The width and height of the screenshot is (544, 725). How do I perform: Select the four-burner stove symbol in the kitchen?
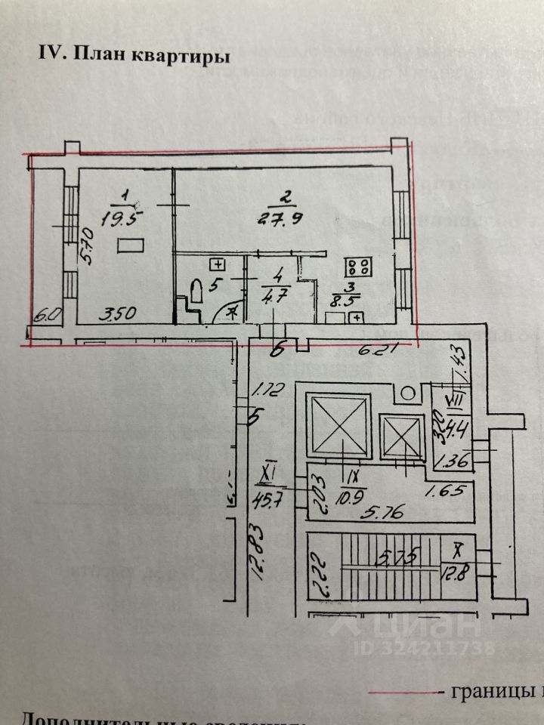tap(358, 267)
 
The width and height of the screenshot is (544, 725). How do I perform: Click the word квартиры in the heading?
tap(181, 56)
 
